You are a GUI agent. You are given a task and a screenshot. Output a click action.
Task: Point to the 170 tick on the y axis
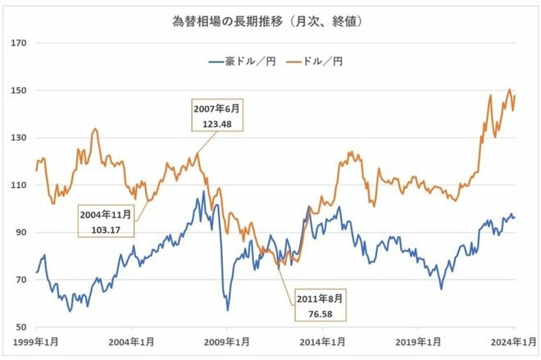(x=20, y=43)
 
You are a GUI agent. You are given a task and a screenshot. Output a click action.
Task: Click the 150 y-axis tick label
(x=20, y=90)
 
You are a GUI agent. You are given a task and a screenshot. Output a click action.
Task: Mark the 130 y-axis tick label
(x=20, y=138)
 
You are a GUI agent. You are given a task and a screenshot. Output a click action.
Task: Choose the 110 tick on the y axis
(x=20, y=185)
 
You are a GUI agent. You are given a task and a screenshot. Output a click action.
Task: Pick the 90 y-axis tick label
(x=21, y=233)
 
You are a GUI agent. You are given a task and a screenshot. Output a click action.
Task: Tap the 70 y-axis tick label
(x=21, y=280)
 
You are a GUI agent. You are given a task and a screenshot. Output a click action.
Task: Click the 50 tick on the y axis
(x=21, y=327)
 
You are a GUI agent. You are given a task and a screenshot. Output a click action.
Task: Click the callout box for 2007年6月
(x=218, y=116)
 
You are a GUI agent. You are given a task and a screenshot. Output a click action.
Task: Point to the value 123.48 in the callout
(x=218, y=123)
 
